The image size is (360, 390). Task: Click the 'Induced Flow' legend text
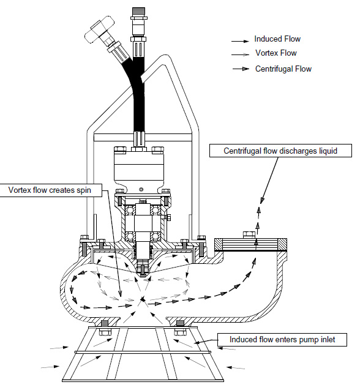[x=277, y=39]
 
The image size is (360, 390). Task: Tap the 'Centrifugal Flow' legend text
[x=283, y=69]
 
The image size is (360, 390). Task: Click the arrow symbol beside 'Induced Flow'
[x=240, y=40]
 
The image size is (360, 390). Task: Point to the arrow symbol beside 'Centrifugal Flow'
[x=240, y=69]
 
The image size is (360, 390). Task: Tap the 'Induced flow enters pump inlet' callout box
[x=282, y=339]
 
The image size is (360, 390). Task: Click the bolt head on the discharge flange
[x=249, y=234]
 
